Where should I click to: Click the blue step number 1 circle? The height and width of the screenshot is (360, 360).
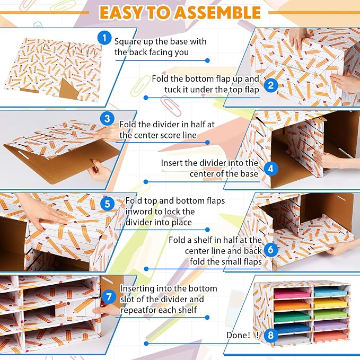coord(104,38)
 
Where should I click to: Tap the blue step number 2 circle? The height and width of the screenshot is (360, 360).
coord(271,85)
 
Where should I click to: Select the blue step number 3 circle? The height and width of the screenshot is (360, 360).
coord(107,118)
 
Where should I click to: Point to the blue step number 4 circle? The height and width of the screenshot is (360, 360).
coord(271,169)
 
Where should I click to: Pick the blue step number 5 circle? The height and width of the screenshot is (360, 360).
coord(107,204)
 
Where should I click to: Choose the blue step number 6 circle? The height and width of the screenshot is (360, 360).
coord(271,249)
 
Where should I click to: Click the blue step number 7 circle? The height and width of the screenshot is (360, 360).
coord(109,296)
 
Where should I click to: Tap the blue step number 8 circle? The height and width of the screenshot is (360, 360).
coord(271,335)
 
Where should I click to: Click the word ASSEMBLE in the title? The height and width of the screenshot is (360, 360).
coord(217,12)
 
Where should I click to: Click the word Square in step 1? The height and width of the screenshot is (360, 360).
coord(127,42)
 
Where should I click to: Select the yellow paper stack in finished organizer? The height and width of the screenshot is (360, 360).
coord(331,303)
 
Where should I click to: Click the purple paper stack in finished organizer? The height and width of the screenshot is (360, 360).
coord(331,325)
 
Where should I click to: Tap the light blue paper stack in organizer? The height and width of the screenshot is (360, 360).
coord(331,293)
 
